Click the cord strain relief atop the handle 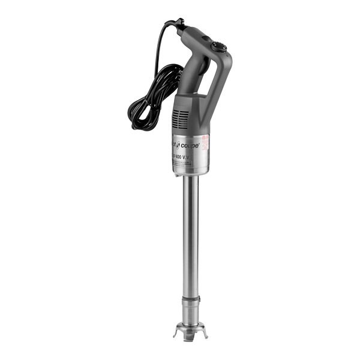pyautogui.click(x=178, y=25)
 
